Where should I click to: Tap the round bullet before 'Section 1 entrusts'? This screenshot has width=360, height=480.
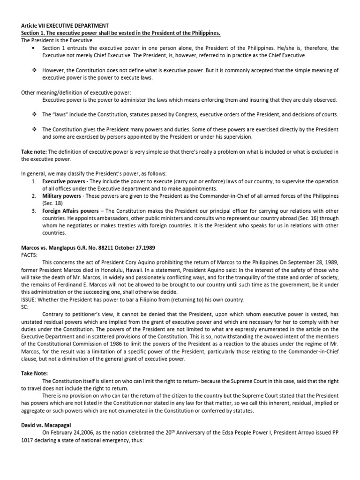click(x=32, y=48)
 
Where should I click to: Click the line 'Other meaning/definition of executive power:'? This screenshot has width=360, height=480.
click(x=75, y=93)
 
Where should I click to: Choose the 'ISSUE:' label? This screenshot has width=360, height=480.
click(x=30, y=299)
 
